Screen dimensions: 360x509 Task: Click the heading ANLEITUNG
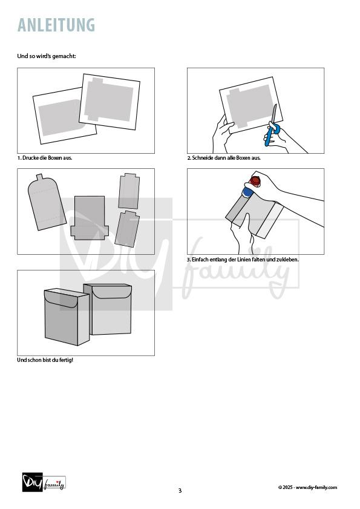56,25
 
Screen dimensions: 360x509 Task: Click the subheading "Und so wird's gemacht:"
47,56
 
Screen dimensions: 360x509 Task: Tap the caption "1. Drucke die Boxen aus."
45,158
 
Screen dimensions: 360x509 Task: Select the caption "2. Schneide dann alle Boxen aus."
224,158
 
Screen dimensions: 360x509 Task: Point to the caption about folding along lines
243,260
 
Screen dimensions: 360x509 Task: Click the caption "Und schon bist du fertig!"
45,360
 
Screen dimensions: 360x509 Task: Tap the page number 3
180,490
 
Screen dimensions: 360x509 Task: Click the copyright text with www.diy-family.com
308,487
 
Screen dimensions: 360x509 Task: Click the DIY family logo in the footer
44,482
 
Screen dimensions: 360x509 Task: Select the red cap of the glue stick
255,181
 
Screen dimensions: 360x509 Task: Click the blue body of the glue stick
248,191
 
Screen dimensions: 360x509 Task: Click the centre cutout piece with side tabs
90,218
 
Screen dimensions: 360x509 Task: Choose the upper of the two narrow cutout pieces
129,191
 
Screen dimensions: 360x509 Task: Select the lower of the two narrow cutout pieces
127,229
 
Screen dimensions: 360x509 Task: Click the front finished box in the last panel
67,317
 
